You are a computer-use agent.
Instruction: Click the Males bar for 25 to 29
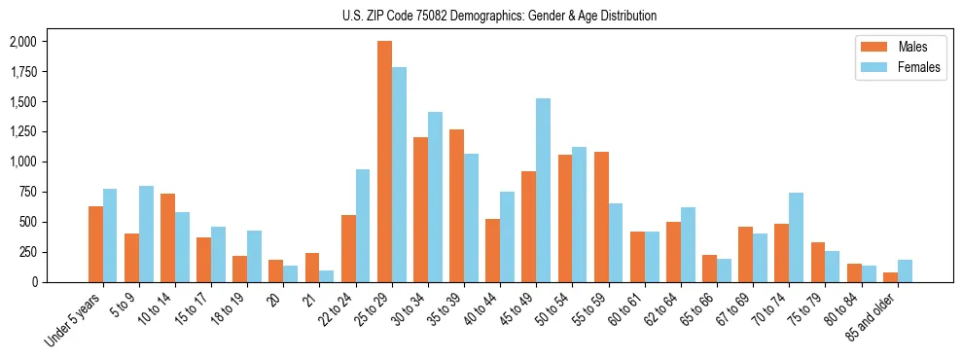[384, 162]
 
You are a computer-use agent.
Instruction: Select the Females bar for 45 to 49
[543, 190]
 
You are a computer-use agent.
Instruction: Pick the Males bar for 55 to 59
[600, 217]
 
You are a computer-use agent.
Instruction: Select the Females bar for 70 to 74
[796, 237]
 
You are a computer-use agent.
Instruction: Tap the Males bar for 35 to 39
[456, 205]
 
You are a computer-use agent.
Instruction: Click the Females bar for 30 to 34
[435, 197]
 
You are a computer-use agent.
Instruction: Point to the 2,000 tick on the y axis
[22, 42]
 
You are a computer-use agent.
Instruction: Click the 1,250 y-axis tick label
[22, 131]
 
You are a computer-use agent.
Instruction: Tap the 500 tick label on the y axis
[27, 222]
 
